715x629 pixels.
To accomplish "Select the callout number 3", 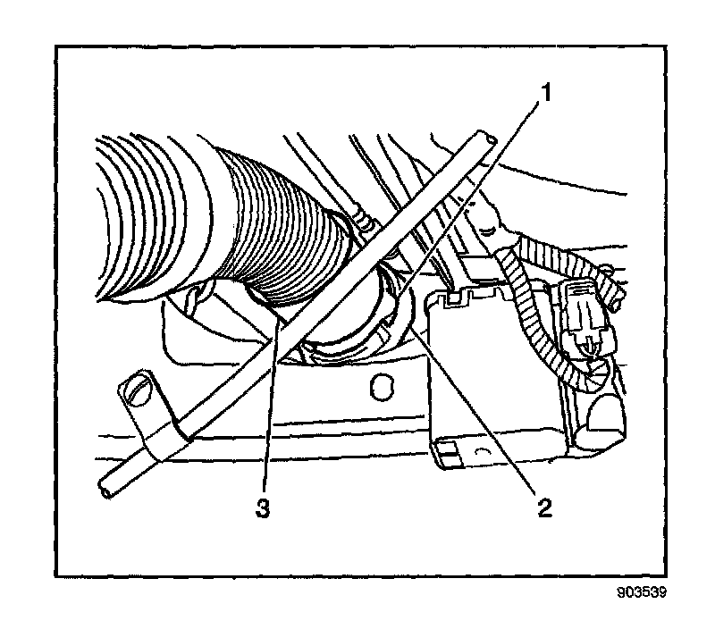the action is (x=262, y=507).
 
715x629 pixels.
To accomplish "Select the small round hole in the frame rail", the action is (x=383, y=387).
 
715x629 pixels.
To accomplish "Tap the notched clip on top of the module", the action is (x=460, y=298).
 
